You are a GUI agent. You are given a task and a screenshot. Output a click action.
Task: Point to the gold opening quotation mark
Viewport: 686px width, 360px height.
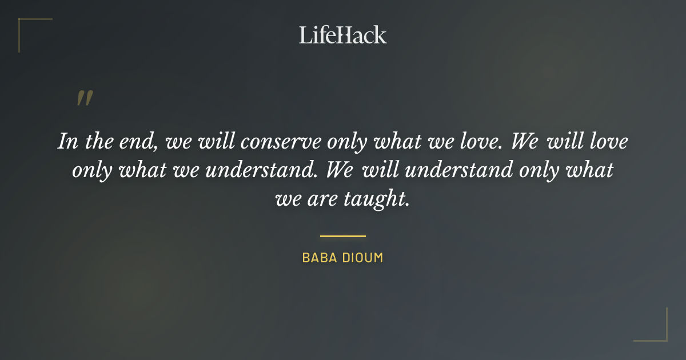(x=84, y=98)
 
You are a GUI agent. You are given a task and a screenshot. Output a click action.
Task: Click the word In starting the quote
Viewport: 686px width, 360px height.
(x=68, y=141)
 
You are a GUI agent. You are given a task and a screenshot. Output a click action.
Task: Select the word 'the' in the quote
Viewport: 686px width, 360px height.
(x=98, y=141)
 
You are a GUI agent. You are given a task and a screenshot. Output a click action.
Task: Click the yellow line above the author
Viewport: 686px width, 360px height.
(x=343, y=235)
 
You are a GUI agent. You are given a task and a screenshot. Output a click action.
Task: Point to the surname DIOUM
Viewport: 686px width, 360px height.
(x=362, y=258)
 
